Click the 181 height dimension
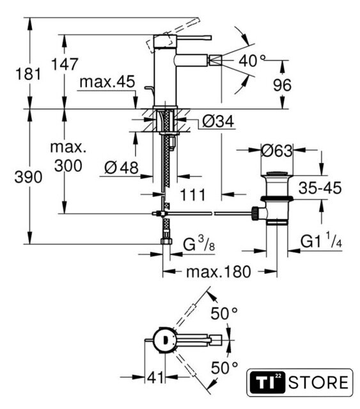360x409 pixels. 28,73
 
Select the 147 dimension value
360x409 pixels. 65,64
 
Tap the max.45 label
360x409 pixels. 107,82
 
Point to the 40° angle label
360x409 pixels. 252,61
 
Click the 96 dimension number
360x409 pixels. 282,85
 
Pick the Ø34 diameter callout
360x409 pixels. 218,121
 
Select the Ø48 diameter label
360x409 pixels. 121,167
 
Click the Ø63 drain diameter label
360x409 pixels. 277,151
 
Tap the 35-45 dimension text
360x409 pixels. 320,188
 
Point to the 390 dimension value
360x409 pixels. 28,177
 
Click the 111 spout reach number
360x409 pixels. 193,195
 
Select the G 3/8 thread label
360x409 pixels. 199,244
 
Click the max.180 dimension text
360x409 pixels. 219,272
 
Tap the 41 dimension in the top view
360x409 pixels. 155,377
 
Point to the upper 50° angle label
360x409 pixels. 224,313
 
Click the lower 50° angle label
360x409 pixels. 224,368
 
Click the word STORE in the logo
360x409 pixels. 318,383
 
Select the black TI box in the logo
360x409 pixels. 267,382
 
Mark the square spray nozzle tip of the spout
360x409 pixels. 215,61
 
